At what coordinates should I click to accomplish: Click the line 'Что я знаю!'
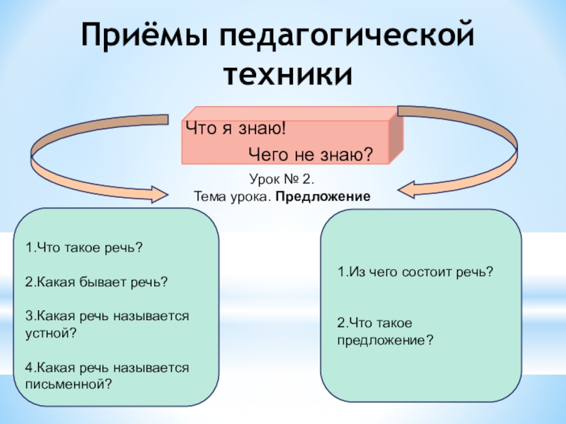235,129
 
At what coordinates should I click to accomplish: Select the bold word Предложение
323,195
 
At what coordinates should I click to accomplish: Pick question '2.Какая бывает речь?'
96,281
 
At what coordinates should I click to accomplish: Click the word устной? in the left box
50,332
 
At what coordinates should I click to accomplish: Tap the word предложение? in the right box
385,340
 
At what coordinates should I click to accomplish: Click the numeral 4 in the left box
28,367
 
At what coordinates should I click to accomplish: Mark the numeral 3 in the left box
28,316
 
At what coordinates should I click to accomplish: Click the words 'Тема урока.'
233,195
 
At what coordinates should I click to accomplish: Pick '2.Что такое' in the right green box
374,323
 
